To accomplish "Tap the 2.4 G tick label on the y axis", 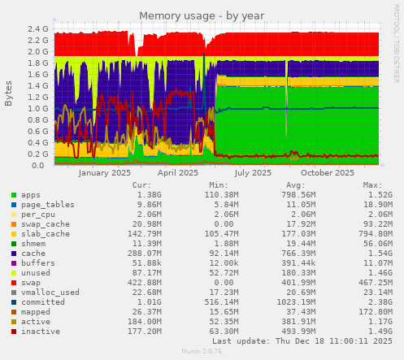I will point(38,28).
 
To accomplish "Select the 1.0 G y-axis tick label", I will point(38,108).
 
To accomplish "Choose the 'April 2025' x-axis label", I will point(177,173).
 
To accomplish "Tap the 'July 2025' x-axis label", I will point(252,173).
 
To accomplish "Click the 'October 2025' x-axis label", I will point(327,173).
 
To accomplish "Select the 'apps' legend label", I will point(31,195).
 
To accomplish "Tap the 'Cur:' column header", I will point(141,185).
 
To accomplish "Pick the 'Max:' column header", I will point(372,185).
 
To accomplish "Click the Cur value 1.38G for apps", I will point(149,195).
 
